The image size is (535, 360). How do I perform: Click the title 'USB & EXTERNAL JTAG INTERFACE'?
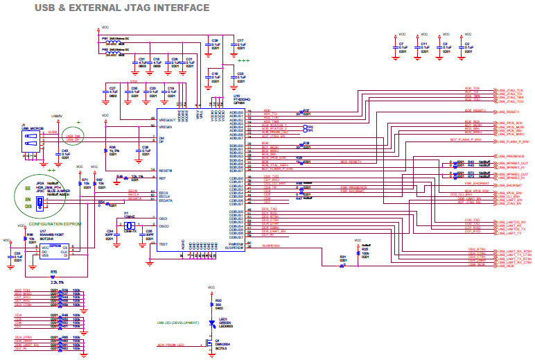122,8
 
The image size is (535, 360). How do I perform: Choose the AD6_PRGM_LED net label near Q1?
171,345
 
